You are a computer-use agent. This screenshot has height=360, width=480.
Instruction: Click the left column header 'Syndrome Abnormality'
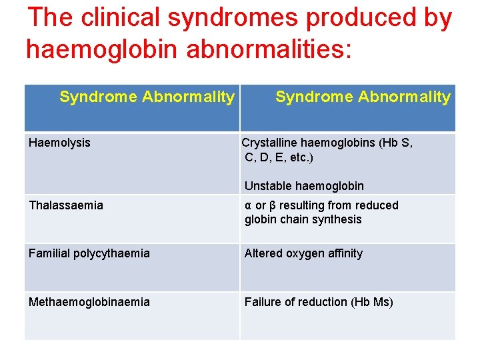pyautogui.click(x=147, y=97)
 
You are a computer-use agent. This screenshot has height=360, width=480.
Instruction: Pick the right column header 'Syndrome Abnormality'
pyautogui.click(x=363, y=97)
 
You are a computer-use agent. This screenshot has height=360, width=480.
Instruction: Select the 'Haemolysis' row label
pyautogui.click(x=59, y=143)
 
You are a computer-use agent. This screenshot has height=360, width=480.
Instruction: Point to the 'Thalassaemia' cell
pyautogui.click(x=66, y=205)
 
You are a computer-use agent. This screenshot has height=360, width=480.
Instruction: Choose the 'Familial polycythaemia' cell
pyautogui.click(x=89, y=253)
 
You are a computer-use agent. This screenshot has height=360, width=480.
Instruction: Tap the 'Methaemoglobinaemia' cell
pyautogui.click(x=89, y=302)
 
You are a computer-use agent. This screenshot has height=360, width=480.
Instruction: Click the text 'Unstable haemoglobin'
pyautogui.click(x=304, y=186)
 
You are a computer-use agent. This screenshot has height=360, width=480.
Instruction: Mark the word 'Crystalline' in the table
pyautogui.click(x=269, y=143)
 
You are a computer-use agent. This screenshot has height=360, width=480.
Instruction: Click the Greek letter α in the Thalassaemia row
pyautogui.click(x=248, y=206)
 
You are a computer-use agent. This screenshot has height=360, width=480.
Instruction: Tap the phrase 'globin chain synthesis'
pyautogui.click(x=303, y=220)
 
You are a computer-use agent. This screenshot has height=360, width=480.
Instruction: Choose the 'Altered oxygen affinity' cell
pyautogui.click(x=303, y=253)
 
